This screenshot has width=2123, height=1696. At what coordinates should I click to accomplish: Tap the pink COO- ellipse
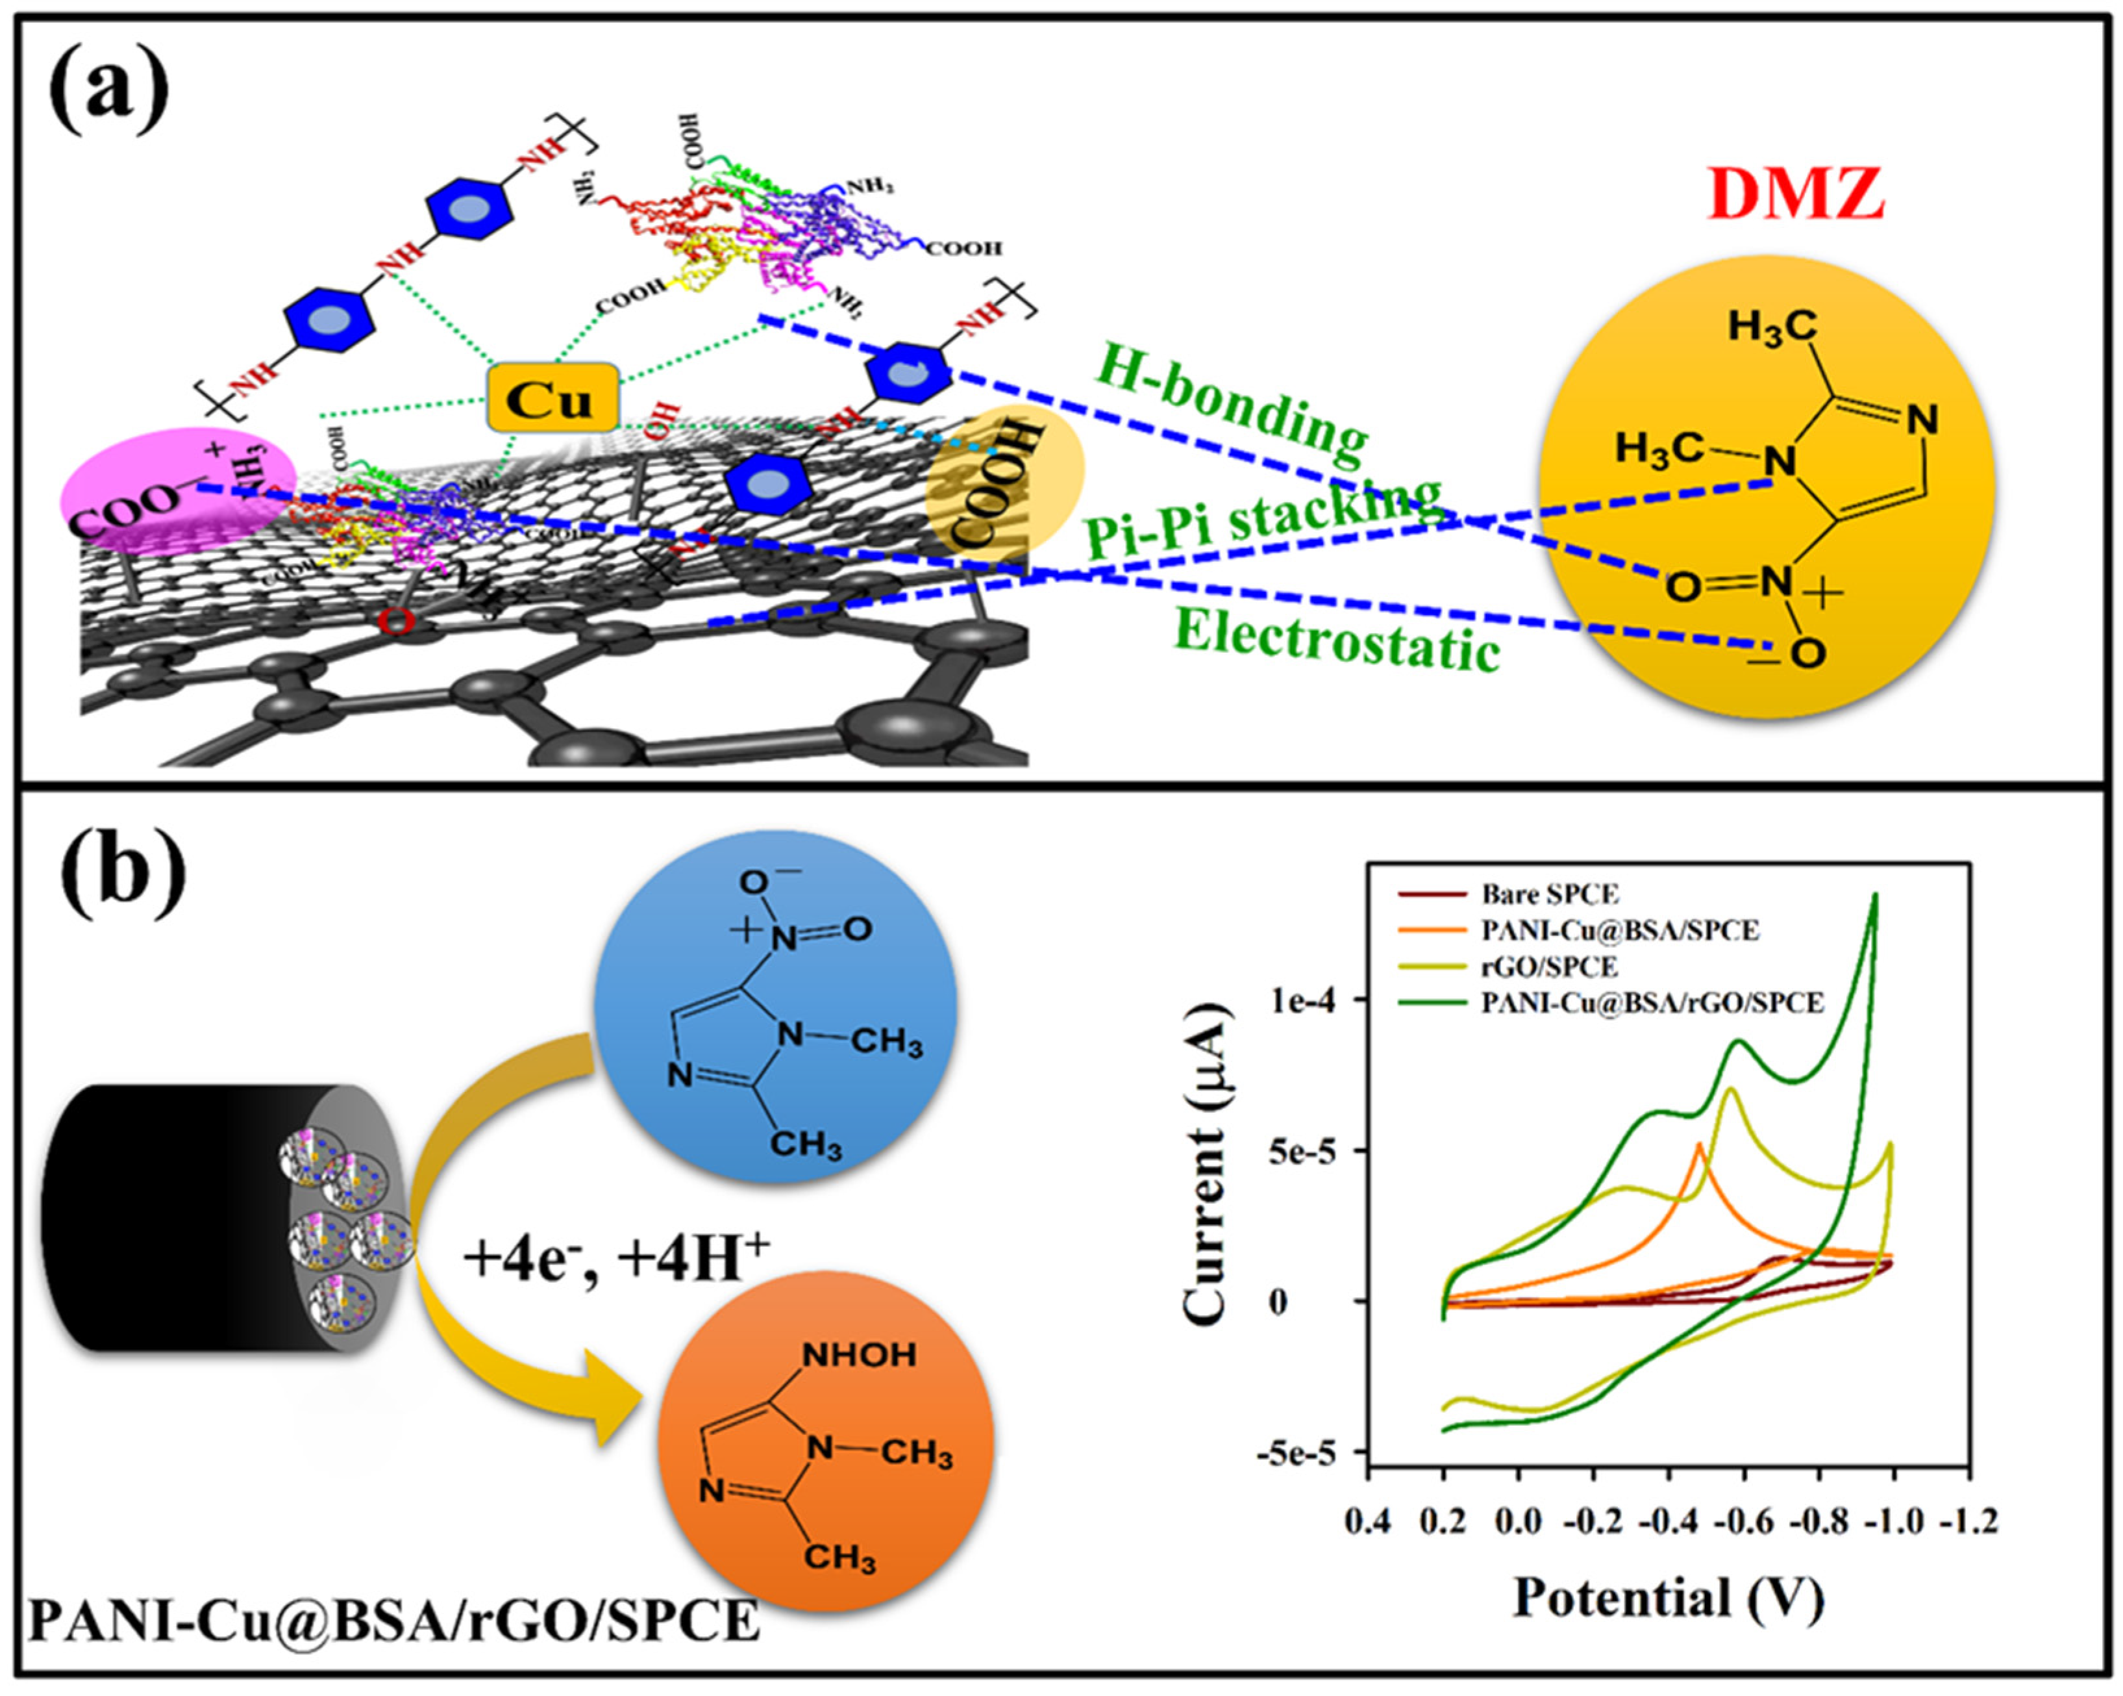[x=177, y=486]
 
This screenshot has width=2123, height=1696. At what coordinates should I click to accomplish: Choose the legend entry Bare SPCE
[x=1549, y=894]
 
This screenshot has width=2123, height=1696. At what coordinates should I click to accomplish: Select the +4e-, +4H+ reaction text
[x=616, y=1258]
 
